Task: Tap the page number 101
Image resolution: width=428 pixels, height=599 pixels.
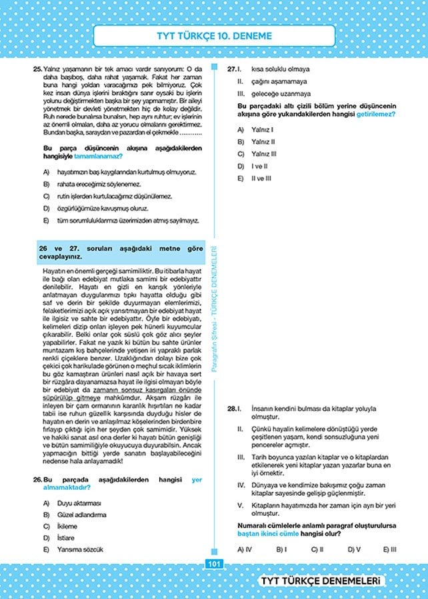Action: (214, 564)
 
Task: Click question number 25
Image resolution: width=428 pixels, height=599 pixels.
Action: (37, 69)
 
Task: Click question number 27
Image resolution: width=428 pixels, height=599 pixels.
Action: (231, 69)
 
